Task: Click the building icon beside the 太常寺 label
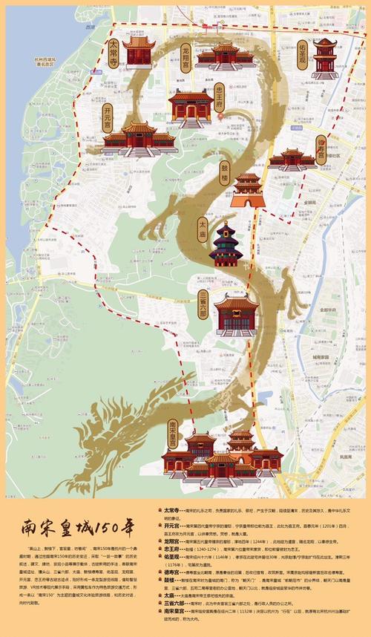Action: [x=138, y=52]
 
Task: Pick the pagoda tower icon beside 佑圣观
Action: [x=324, y=58]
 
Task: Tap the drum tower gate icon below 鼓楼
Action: [x=246, y=191]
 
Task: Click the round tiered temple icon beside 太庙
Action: [x=226, y=244]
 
